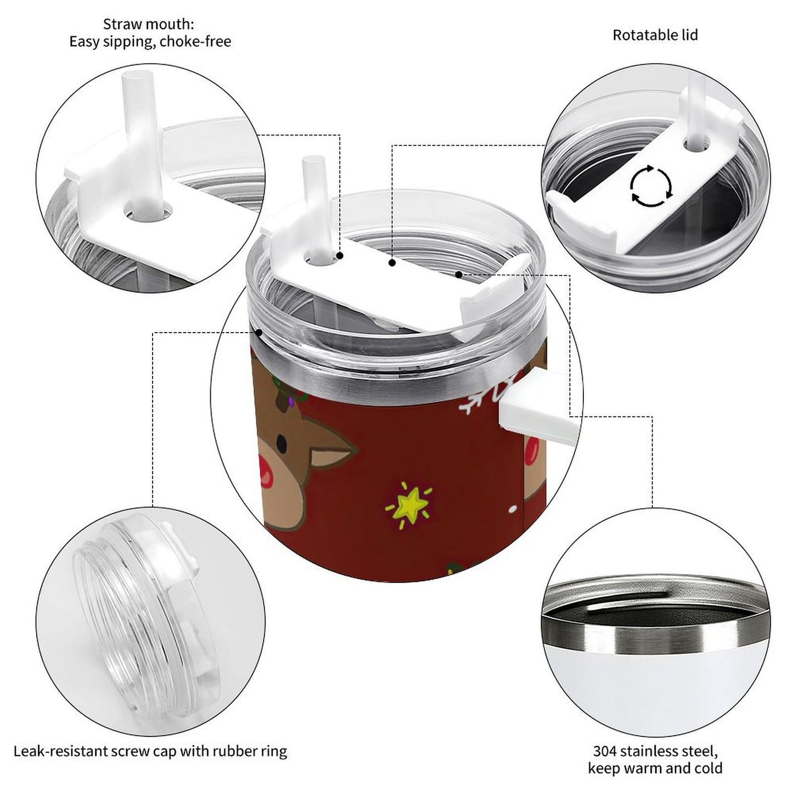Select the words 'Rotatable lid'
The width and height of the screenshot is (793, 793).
[x=655, y=35]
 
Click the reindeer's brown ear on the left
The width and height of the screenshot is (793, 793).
[x=332, y=447]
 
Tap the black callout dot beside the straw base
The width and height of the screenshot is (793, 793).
[x=340, y=256]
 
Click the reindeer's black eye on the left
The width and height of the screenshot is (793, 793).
[x=280, y=442]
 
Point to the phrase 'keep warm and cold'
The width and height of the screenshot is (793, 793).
[x=655, y=768]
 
